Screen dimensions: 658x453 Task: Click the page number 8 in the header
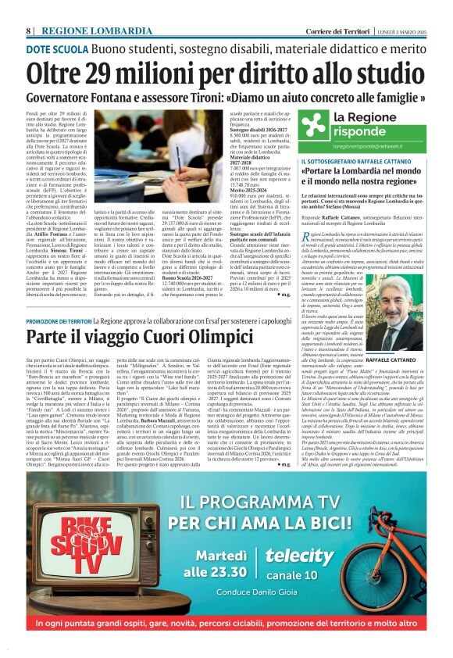[x=29, y=30]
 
